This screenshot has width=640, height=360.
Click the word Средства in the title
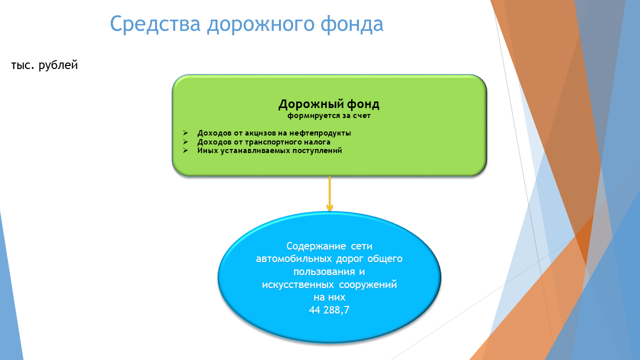coord(155,24)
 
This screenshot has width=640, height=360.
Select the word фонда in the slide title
coord(351,24)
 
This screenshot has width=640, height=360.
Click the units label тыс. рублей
coord(44,65)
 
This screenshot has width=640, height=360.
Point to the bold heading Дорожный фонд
coord(329,104)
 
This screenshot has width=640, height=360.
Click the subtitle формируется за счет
coord(329,115)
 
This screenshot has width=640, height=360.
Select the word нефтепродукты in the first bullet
coord(320,133)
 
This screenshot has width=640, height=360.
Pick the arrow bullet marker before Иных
coord(185,150)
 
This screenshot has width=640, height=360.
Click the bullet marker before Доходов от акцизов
coord(185,133)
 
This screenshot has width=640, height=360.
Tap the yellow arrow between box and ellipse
coord(329,193)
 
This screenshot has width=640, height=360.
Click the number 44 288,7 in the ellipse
coord(329,310)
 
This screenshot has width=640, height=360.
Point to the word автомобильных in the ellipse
coord(293,259)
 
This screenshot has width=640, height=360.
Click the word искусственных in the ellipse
coord(297,285)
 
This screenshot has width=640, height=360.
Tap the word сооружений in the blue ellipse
coord(368,285)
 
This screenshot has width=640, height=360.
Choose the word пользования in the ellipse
coord(323,271)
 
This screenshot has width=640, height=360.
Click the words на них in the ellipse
coord(329,297)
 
